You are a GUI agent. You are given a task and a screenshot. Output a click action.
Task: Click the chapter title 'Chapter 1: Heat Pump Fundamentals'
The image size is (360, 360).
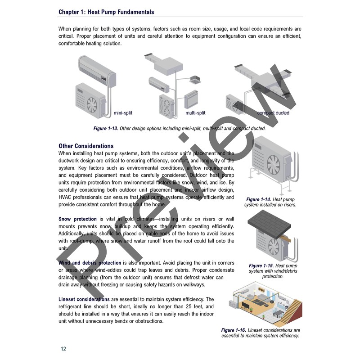(106, 12)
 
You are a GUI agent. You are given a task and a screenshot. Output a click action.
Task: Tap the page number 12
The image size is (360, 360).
(63, 349)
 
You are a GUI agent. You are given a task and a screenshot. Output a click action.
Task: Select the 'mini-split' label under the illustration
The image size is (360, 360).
(123, 113)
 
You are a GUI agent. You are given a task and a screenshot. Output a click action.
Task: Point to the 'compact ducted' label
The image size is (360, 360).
(273, 113)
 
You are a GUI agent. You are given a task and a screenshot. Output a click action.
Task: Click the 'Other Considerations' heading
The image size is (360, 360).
(86, 146)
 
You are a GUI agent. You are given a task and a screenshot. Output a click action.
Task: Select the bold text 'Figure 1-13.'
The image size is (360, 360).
(106, 129)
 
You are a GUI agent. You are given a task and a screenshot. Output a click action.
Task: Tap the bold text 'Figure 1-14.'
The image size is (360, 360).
(259, 199)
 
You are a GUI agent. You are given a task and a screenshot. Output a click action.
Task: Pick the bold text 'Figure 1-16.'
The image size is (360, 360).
(234, 330)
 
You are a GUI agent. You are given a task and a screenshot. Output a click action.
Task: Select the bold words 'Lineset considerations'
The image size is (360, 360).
(84, 299)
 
